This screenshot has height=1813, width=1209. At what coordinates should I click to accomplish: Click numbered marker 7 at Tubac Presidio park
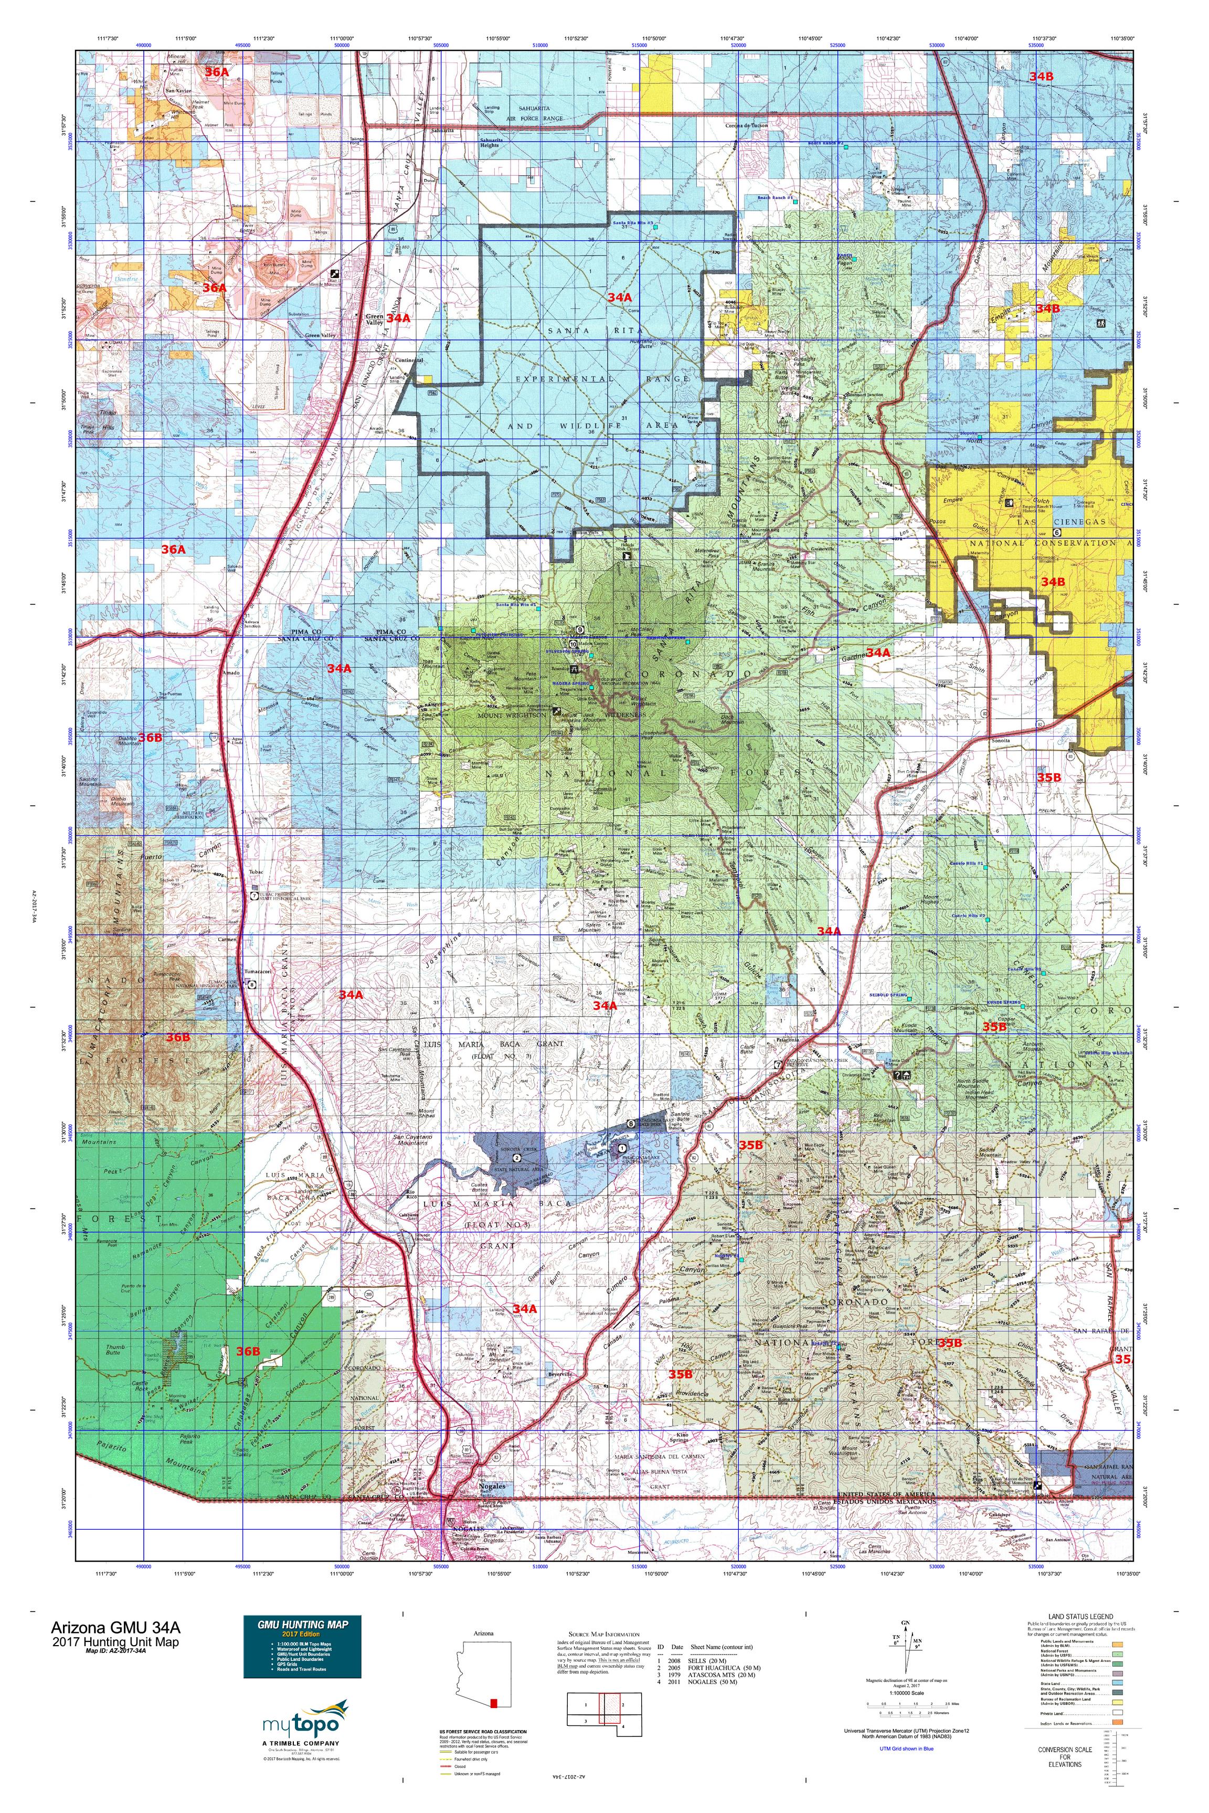tap(255, 897)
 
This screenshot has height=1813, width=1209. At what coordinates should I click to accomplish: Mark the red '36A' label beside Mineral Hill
tap(217, 72)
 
